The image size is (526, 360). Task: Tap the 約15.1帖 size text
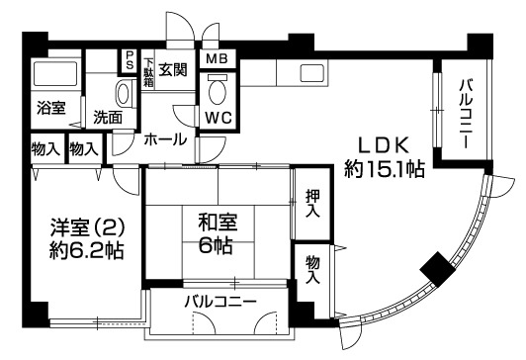[385, 169]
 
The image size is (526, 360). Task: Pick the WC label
[219, 116]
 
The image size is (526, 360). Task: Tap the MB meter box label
[216, 58]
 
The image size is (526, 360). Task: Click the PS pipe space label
[130, 61]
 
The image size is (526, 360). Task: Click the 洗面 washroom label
[108, 117]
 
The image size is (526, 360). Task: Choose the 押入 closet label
[312, 204]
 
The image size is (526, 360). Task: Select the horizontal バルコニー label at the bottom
[220, 301]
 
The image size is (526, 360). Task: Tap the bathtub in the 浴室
[53, 76]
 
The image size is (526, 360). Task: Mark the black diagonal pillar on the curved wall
[434, 267]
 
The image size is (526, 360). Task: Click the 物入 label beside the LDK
[312, 269]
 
